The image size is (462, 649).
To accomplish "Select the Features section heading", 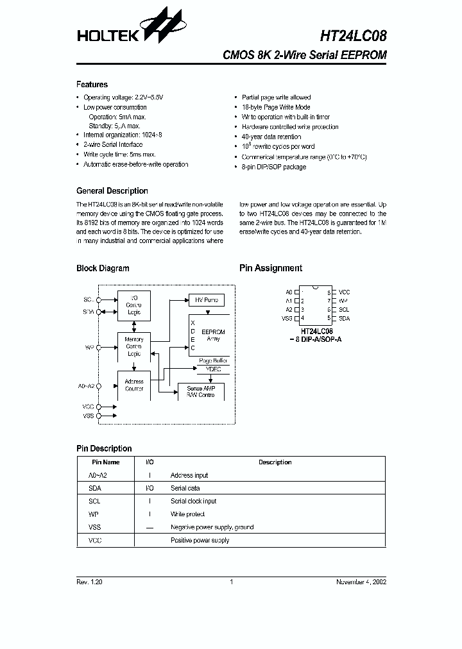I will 92,85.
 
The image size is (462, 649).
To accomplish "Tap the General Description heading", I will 112,191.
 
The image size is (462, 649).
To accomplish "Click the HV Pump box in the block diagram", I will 206,300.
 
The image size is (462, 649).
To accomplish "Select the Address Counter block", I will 134,385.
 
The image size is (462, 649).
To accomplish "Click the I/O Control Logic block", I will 134,305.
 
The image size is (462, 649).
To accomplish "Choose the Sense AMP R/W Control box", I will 201,392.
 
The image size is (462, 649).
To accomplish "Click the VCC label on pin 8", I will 344,292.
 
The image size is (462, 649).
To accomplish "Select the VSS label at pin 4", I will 287,318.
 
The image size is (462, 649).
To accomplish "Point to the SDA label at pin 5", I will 344,318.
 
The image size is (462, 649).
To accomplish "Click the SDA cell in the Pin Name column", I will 95,488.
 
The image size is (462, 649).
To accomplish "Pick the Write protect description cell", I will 188,514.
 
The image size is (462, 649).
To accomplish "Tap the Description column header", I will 275,462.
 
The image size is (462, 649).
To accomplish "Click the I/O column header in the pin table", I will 150,462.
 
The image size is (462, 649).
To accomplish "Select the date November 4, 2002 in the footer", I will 361,582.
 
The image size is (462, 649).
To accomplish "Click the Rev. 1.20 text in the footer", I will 89,582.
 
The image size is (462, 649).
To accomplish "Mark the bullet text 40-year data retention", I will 271,137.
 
